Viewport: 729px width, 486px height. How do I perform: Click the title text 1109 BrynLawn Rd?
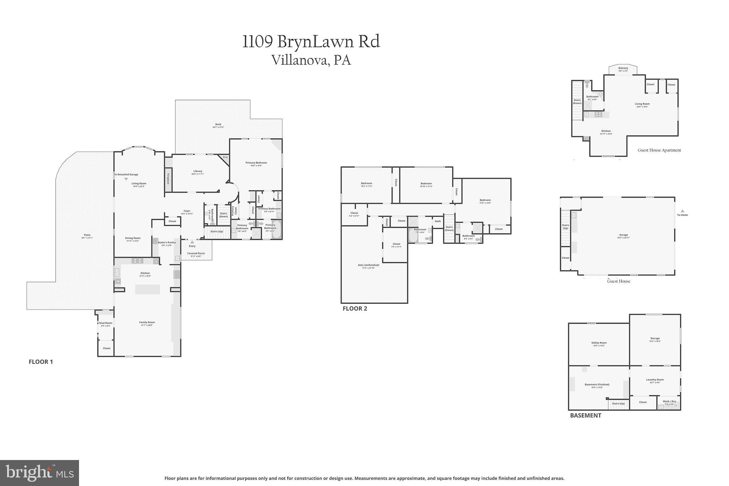click(x=311, y=42)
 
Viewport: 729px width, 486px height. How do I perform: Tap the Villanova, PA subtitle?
click(x=311, y=60)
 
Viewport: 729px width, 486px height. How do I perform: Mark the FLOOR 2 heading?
click(x=355, y=309)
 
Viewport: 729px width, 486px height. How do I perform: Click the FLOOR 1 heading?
click(x=41, y=362)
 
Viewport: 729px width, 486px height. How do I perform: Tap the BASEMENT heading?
click(x=585, y=416)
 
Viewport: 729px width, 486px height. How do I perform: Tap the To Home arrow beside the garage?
click(x=682, y=211)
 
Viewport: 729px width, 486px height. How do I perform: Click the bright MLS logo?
click(x=40, y=473)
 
